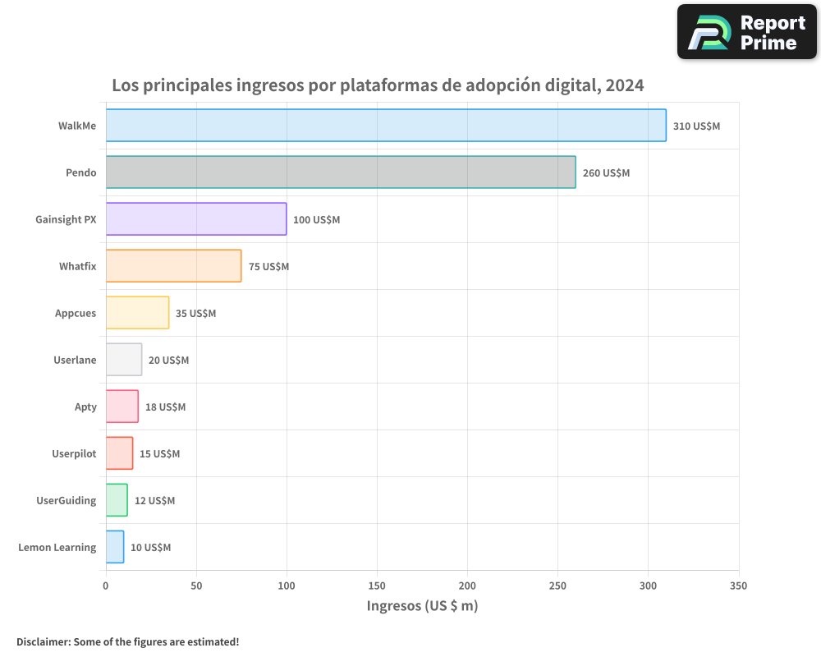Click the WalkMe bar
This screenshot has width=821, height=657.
coord(386,126)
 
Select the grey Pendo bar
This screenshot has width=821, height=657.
coord(341,172)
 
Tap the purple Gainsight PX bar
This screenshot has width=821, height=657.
coord(196,219)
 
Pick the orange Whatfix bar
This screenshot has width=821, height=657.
coord(173,266)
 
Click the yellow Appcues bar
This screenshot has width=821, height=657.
coord(137,313)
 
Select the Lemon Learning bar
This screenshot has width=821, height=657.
coord(115,547)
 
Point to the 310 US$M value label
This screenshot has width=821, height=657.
coord(696,126)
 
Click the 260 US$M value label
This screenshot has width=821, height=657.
coord(606,173)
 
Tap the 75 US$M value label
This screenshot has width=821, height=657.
coord(268,267)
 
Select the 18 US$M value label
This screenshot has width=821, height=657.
coord(165,407)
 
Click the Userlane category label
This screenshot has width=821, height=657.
coord(75,360)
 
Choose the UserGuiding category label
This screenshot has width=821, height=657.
coord(66,500)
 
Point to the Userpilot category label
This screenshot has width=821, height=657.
coord(74,453)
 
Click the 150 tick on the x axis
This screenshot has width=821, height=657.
coord(377,586)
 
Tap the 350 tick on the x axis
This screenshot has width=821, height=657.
coord(738,586)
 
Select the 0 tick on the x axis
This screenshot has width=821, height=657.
coord(106,586)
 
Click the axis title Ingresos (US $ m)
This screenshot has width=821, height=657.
coord(422,606)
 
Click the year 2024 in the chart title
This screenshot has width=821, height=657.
coord(625,85)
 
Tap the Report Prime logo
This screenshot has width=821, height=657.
coord(746,32)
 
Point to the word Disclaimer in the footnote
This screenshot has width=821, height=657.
coord(42,641)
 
